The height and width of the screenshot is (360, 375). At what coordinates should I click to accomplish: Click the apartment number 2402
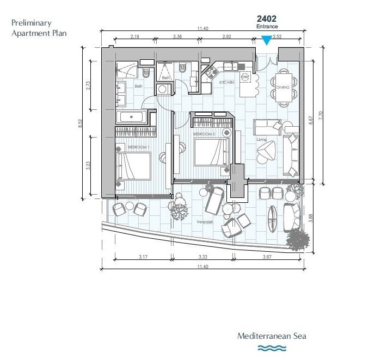point(267,18)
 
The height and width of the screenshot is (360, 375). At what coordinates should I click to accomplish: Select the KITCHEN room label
point(226,83)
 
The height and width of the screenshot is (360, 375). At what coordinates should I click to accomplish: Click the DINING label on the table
point(282,87)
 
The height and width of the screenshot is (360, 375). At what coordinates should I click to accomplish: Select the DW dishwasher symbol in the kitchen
point(245,77)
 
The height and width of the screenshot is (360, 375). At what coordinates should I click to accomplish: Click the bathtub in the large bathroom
point(131,117)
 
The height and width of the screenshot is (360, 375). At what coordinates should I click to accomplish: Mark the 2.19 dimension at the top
point(136,36)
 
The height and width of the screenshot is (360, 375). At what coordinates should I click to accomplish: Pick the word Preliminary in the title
point(32,23)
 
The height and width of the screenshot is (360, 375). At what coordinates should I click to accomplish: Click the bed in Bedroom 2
point(211,153)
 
